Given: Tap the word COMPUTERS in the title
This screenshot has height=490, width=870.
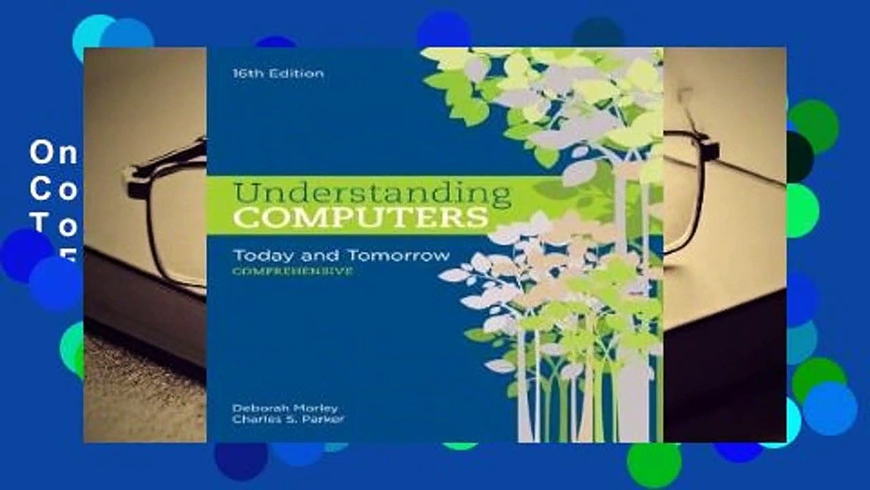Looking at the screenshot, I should pos(360,218).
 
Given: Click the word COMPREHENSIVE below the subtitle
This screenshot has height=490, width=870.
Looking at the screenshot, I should pos(292,271).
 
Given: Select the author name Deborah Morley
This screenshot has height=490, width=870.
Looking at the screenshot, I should pos(284,408).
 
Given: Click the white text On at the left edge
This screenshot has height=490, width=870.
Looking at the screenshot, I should pos(54,154).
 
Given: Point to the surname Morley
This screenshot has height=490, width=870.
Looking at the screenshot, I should pos(317,408).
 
